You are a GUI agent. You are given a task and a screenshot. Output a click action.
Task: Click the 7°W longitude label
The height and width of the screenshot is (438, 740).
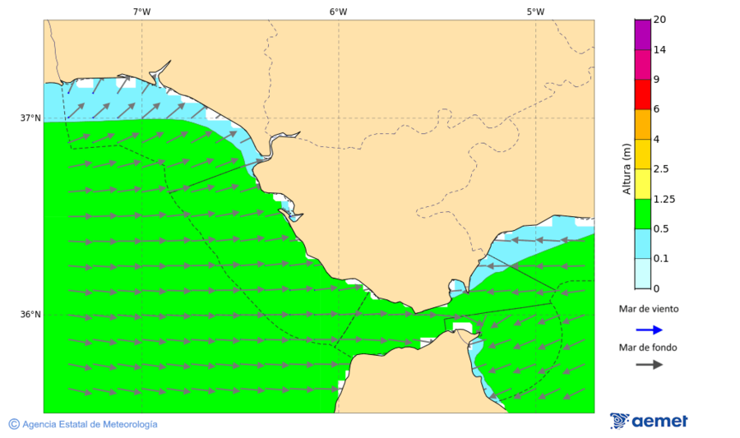141,12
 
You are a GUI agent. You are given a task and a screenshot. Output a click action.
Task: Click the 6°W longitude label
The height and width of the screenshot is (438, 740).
338,12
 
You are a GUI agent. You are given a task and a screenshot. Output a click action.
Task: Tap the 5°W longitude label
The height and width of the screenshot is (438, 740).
535,12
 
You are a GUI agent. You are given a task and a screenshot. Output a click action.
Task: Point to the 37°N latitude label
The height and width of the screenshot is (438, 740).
30,118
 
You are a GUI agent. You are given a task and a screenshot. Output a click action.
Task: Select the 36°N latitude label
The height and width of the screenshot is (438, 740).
30,314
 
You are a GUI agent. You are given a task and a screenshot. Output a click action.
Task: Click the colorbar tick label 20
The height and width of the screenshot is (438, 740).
659,20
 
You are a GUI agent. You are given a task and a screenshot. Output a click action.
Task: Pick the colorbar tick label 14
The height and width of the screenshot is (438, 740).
659,49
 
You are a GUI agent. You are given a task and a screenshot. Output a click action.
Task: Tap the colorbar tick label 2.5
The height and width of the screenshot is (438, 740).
661,169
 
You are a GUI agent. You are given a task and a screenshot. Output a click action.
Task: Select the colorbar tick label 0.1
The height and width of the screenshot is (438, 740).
661,259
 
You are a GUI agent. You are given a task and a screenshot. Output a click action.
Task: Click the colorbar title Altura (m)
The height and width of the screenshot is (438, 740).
627,168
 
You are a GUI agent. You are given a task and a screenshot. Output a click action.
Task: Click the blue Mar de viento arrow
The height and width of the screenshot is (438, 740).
649,330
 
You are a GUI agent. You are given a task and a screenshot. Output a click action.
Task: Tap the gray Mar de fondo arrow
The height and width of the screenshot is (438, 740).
649,364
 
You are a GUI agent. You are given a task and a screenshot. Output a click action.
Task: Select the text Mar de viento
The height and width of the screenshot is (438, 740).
649,309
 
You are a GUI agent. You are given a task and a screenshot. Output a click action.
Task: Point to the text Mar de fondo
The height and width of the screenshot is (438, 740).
648,348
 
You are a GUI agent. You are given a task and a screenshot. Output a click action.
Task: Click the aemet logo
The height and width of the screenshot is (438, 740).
649,421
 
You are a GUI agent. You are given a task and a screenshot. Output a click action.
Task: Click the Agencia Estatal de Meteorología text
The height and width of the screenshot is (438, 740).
90,424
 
